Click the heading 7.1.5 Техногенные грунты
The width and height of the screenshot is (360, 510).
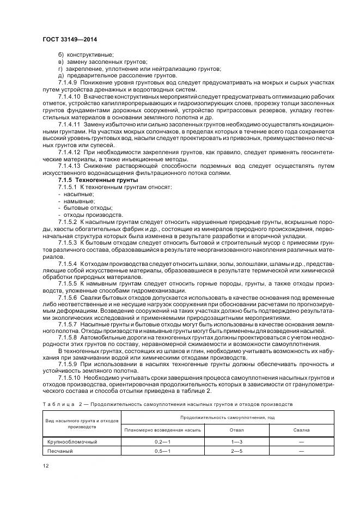(x=90, y=180)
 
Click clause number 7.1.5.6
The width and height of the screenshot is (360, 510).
(x=69, y=298)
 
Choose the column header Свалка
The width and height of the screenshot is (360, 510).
(x=301, y=430)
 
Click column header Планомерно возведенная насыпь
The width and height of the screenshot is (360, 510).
(x=163, y=430)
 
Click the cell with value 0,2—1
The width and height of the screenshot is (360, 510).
(x=163, y=442)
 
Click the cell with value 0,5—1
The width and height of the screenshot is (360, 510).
(x=163, y=451)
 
